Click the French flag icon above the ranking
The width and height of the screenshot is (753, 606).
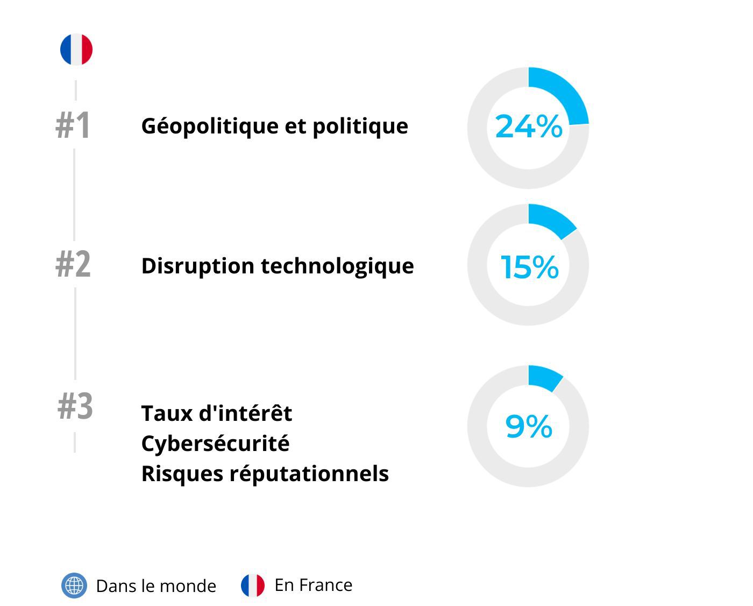pyautogui.click(x=76, y=50)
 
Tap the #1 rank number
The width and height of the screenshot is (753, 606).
pyautogui.click(x=73, y=126)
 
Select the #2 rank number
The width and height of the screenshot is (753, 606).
pyautogui.click(x=73, y=265)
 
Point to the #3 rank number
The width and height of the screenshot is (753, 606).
pyautogui.click(x=75, y=406)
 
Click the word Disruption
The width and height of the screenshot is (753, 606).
pyautogui.click(x=198, y=266)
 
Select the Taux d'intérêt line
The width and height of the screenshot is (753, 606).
pyautogui.click(x=216, y=413)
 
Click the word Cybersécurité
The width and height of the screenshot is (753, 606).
pyautogui.click(x=215, y=443)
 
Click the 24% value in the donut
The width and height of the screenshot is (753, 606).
pyautogui.click(x=528, y=127)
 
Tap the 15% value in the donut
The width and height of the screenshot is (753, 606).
pyautogui.click(x=529, y=267)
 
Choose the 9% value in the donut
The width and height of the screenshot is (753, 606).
pyautogui.click(x=528, y=426)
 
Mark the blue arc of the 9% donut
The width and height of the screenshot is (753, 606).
pyautogui.click(x=545, y=378)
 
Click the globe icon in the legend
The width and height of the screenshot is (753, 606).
pyautogui.click(x=74, y=586)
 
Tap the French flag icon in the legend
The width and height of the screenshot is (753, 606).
pyautogui.click(x=253, y=586)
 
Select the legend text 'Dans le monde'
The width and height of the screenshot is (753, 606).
pyautogui.click(x=156, y=586)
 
